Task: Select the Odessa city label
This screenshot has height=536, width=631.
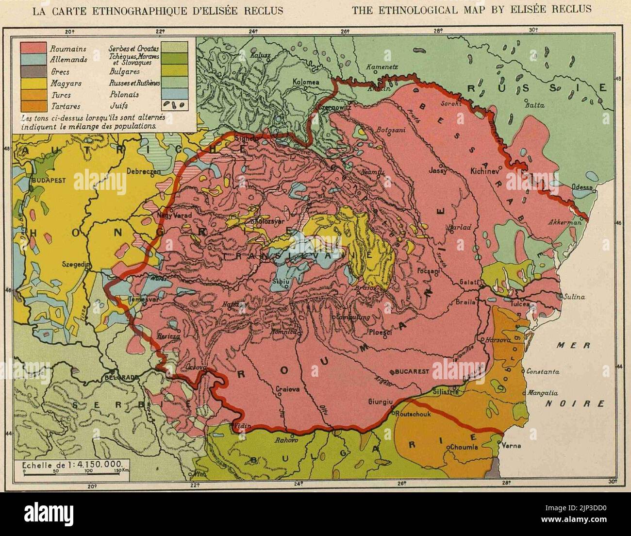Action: tap(582, 187)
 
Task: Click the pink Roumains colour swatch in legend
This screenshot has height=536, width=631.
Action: tap(33, 49)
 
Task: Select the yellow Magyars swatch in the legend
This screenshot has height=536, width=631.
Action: tap(33, 83)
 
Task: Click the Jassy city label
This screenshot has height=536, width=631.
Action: tap(438, 170)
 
